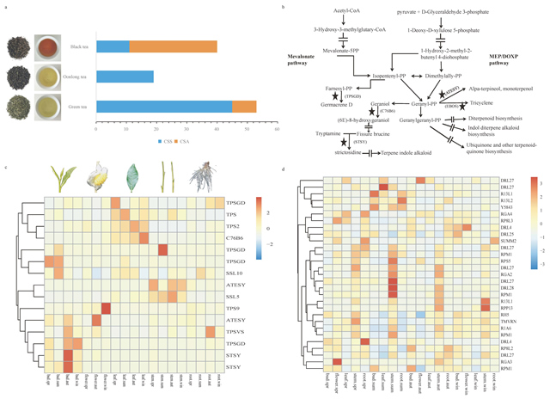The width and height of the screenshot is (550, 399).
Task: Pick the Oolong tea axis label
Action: point(75,77)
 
